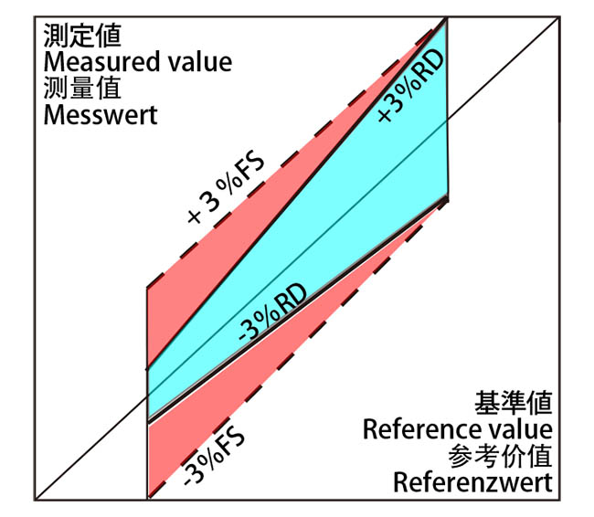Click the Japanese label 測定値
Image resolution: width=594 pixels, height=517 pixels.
pos(82,37)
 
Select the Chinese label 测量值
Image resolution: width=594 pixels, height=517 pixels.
pos(82,90)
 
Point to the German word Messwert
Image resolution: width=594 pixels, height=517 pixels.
pos(99,116)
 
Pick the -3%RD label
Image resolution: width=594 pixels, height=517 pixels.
pos(270,316)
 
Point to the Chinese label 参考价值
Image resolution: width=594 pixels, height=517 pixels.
pos(501,455)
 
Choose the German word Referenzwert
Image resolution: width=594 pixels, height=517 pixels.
pos(472,482)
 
